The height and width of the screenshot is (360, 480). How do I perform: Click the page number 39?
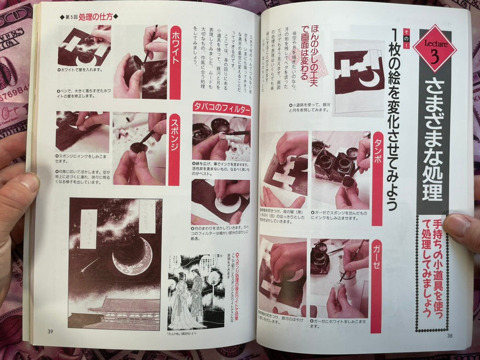[x=50, y=331]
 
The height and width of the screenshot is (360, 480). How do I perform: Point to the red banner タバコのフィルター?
[x=221, y=109]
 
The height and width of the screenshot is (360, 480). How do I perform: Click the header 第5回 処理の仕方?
[x=89, y=17]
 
